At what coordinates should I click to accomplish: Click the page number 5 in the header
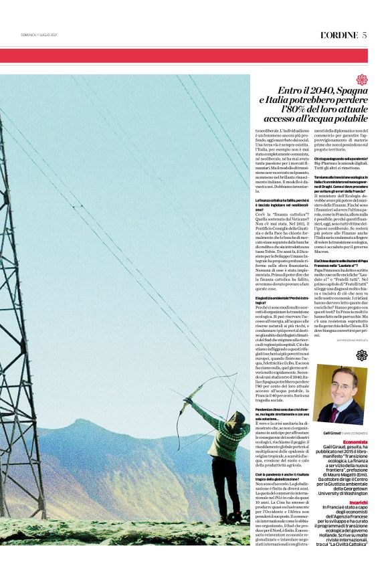click(365, 35)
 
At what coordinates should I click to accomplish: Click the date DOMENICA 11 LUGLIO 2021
click(39, 35)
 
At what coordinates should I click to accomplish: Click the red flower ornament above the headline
click(362, 79)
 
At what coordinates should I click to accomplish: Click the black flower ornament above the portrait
click(362, 355)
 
